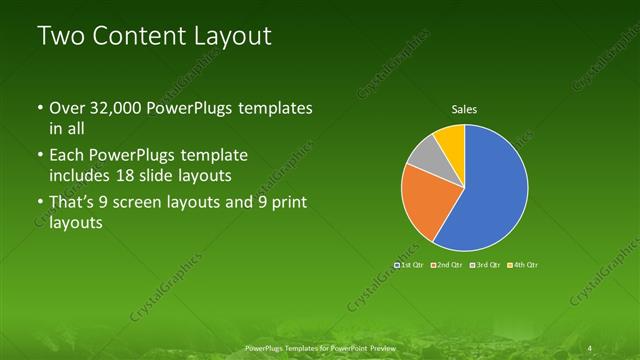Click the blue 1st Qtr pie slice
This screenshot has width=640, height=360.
click(x=490, y=190)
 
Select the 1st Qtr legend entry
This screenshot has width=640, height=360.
click(x=408, y=265)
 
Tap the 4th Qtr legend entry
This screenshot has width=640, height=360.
click(x=524, y=265)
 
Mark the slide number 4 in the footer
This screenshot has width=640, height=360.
click(x=591, y=347)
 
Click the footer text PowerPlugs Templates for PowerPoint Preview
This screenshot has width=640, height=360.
click(x=319, y=347)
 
